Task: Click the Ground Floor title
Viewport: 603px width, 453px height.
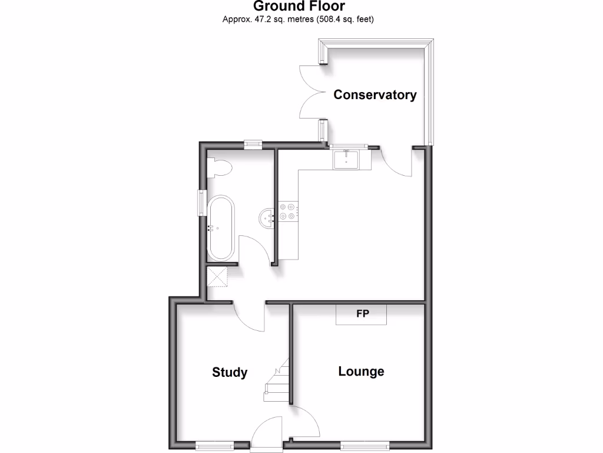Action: (299, 6)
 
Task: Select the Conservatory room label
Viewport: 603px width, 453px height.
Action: (375, 94)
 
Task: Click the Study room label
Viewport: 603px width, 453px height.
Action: (230, 372)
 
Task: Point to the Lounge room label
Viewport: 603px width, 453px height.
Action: (361, 371)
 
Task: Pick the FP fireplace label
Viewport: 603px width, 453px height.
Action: (362, 314)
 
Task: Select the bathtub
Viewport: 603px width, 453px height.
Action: (221, 227)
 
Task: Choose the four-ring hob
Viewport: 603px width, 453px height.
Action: (289, 211)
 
